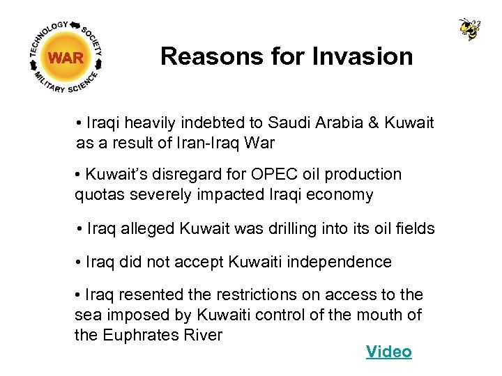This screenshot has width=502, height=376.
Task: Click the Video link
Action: [388, 352]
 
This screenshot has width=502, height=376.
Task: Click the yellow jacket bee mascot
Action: [470, 29]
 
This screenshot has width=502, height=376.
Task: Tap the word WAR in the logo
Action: [66, 58]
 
